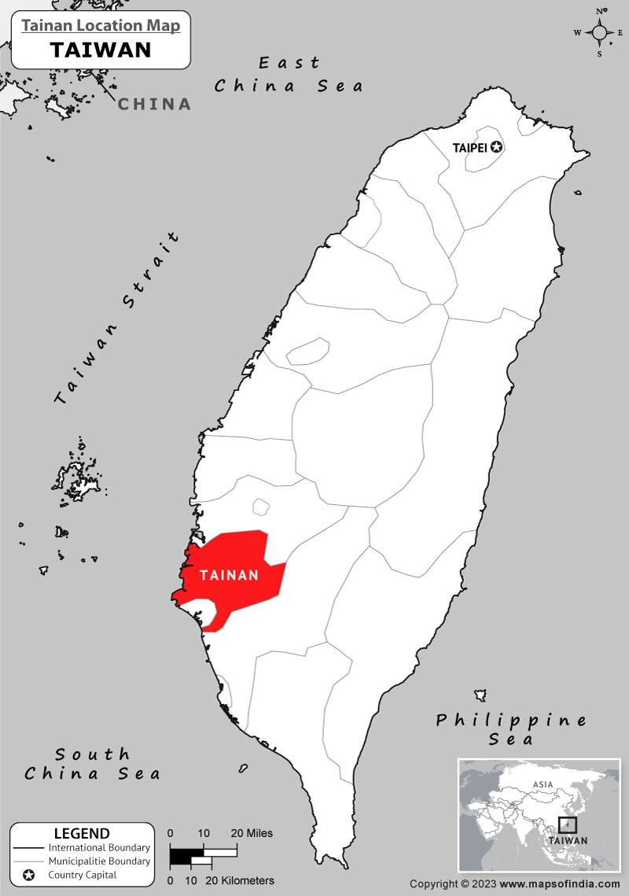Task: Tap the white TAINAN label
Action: (229, 575)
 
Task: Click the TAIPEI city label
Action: (470, 147)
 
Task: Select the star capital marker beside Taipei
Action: (496, 146)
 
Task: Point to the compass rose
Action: (600, 32)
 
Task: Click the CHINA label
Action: (155, 104)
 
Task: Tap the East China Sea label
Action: (289, 74)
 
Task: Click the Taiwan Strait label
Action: (118, 319)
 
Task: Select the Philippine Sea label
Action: (512, 728)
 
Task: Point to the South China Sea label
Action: (93, 764)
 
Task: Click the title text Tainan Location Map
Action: (101, 26)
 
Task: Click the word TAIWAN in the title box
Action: (101, 50)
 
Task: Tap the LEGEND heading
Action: (82, 834)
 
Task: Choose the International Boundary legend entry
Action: (99, 848)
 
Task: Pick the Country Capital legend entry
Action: (83, 875)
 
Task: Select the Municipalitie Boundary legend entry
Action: (99, 861)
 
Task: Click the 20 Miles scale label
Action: (252, 833)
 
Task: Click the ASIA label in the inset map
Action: (543, 784)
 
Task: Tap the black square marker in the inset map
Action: (567, 825)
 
